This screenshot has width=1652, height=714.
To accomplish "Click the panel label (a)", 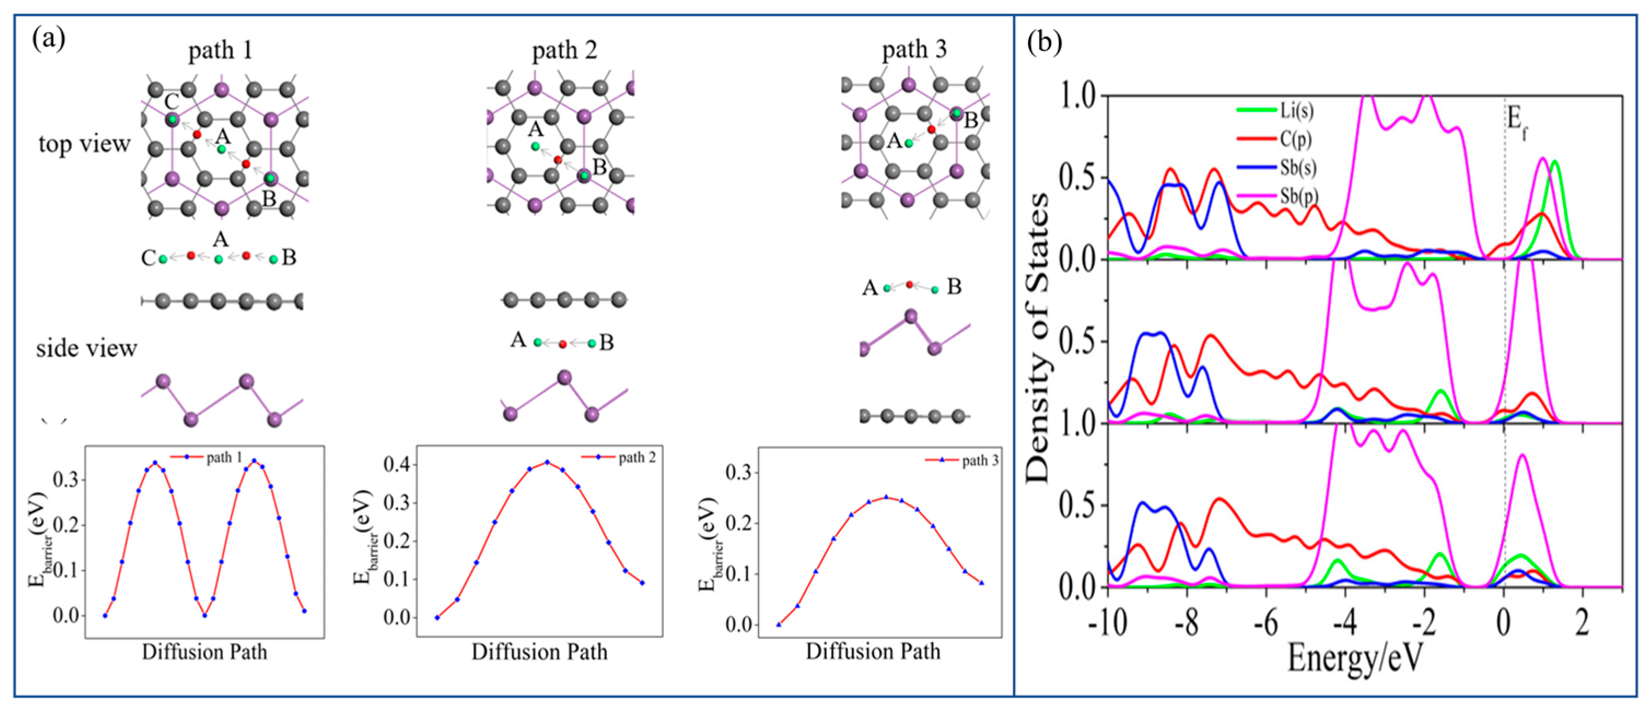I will tap(48, 40).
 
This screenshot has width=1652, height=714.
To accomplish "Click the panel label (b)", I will tap(1044, 42).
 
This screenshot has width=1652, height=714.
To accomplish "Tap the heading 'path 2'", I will tap(564, 50).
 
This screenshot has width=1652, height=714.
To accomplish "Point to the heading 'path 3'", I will tap(914, 50).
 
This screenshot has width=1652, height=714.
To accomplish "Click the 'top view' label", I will tap(84, 144).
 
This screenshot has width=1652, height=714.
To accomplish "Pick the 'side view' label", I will tap(86, 348).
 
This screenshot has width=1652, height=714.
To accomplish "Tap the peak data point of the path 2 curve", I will tap(547, 462).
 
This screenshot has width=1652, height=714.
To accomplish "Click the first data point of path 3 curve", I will tap(779, 624).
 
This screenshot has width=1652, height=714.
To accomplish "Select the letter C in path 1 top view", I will tap(171, 101).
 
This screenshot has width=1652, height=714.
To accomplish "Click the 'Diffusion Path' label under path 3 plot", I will tap(873, 651).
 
